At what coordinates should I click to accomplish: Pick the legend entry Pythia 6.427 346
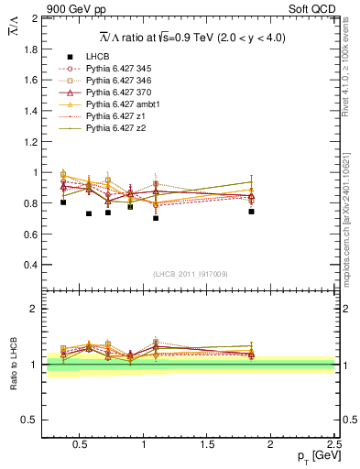pos(121,81)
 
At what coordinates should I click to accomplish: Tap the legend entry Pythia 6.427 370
pos(121,93)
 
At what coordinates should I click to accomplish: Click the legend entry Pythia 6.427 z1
pos(117,116)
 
